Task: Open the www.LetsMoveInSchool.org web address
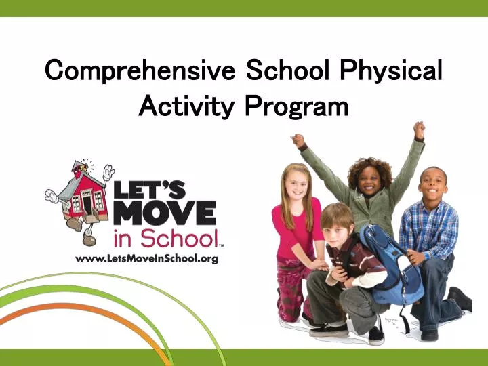(146, 258)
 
